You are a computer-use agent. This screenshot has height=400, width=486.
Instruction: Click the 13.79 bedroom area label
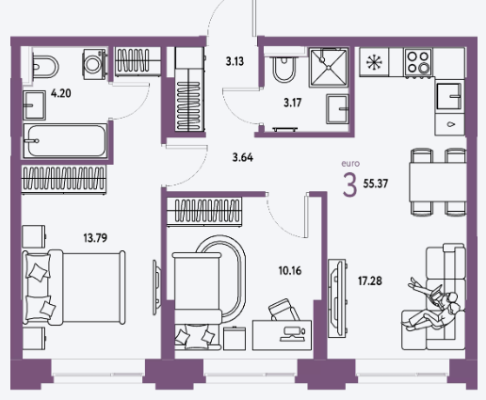pyautogui.click(x=95, y=238)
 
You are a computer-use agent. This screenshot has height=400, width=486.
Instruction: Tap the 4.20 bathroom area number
pyautogui.click(x=61, y=93)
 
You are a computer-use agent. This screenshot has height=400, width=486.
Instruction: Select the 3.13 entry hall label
pyautogui.click(x=235, y=61)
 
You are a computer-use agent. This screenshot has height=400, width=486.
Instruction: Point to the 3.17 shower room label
pyautogui.click(x=293, y=103)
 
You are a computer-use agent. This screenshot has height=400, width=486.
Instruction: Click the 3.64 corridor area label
pyautogui.click(x=243, y=157)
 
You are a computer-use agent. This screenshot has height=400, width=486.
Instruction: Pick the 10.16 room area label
pyautogui.click(x=290, y=270)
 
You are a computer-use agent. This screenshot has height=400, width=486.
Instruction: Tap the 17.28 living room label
pyautogui.click(x=370, y=280)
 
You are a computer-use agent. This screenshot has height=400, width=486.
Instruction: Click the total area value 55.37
pyautogui.click(x=376, y=184)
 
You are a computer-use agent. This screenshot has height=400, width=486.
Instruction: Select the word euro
pyautogui.click(x=350, y=164)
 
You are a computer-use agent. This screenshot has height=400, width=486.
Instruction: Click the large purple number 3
pyautogui.click(x=349, y=185)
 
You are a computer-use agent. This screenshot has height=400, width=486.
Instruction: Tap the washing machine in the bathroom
pyautogui.click(x=94, y=64)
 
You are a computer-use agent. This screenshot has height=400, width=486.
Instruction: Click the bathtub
pyautogui.click(x=65, y=141)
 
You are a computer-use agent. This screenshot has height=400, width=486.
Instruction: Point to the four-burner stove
pyautogui.click(x=418, y=62)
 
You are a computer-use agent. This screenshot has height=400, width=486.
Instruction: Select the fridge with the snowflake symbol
pyautogui.click(x=374, y=62)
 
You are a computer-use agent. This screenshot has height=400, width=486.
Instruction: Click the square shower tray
pyautogui.click(x=329, y=68)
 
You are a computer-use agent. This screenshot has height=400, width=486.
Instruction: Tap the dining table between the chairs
pyautogui.click(x=437, y=183)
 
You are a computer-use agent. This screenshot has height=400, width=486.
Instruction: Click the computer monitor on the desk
pyautogui.click(x=293, y=334)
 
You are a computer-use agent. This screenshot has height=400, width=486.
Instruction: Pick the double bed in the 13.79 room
pyautogui.click(x=73, y=288)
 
